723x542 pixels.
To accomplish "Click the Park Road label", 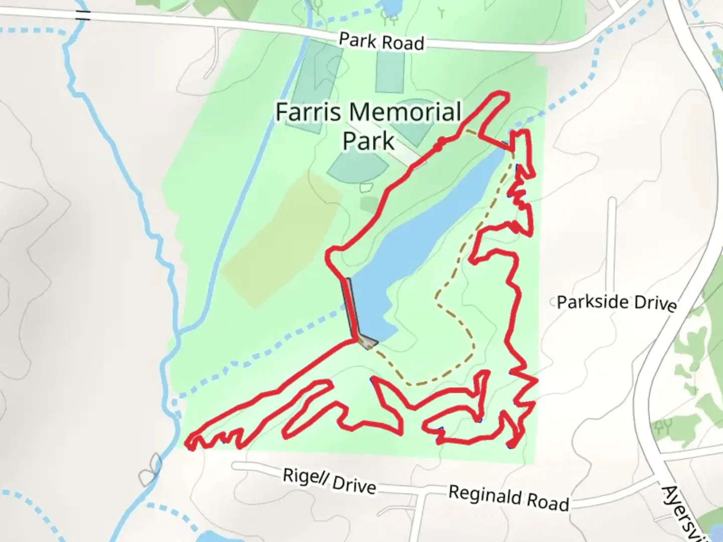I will click(381, 42).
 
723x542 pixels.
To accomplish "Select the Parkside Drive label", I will click(617, 303).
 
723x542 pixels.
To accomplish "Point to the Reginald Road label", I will click(508, 497).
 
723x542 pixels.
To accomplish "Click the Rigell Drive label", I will click(329, 481).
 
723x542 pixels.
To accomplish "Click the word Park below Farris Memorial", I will click(368, 141).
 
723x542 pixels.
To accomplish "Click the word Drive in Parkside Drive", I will click(655, 304).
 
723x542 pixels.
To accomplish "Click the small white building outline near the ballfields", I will click(367, 188).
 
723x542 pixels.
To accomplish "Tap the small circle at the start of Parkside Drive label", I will click(554, 302).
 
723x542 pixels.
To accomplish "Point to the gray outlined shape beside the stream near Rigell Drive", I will click(150, 469).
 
